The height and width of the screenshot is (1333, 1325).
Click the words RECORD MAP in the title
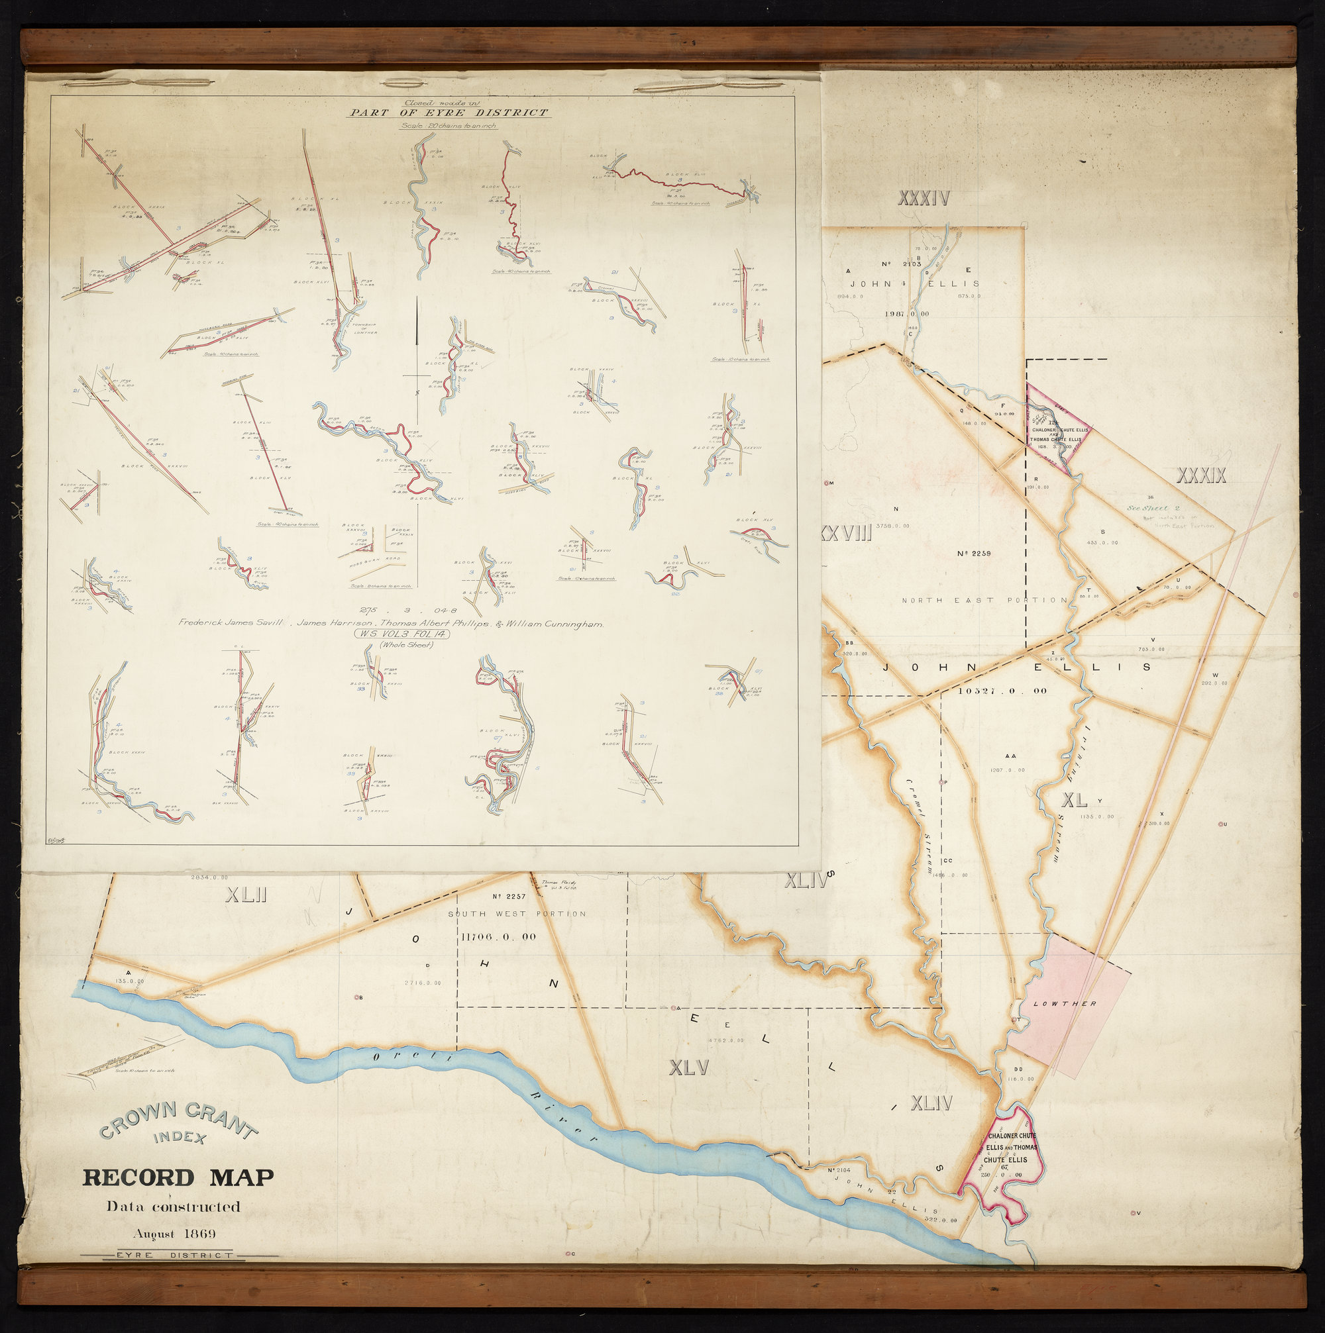pos(178,1178)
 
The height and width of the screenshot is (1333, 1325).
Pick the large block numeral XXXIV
pos(924,199)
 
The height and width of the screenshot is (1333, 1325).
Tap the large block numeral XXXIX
pos(1200,475)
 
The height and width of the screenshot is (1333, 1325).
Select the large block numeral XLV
pos(689,1068)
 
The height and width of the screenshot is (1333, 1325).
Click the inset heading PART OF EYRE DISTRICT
pos(448,113)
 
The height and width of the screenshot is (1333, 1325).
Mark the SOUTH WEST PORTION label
pos(517,914)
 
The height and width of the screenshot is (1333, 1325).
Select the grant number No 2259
pos(975,554)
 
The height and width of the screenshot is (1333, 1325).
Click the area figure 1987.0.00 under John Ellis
pos(906,313)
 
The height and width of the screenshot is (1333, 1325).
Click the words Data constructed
pos(172,1207)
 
